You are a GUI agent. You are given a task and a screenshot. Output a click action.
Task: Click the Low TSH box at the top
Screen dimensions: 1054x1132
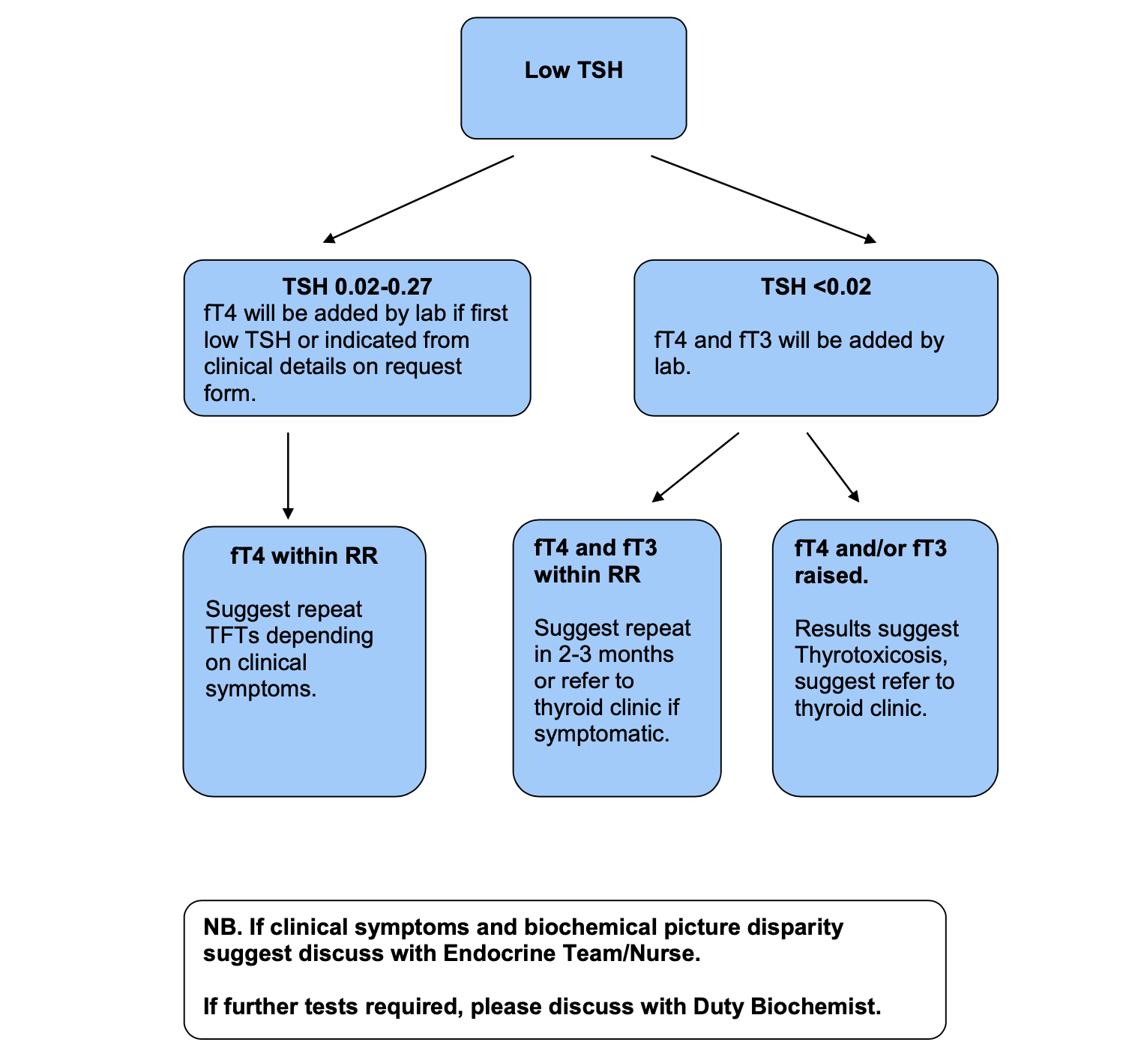tap(573, 78)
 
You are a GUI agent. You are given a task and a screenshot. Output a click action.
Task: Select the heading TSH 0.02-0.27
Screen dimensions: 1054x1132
tap(357, 286)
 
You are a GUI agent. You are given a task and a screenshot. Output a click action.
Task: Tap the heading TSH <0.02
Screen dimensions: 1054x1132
tap(816, 286)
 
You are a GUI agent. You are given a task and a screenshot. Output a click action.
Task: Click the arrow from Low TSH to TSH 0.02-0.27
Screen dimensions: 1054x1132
tap(418, 199)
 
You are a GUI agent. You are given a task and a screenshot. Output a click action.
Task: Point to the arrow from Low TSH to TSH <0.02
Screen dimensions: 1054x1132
tap(763, 199)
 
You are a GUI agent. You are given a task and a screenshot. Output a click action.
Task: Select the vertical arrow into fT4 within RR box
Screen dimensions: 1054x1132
tap(288, 475)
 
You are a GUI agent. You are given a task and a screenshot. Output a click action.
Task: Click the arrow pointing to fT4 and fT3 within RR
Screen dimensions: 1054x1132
tap(696, 467)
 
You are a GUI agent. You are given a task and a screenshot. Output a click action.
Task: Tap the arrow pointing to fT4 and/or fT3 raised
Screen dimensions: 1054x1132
tap(833, 467)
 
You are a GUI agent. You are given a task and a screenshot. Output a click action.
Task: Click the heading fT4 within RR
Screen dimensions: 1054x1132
tap(304, 555)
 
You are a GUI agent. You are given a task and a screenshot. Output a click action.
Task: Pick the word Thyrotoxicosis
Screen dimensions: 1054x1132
tap(871, 654)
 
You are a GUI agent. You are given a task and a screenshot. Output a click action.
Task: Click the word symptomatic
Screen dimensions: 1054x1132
tap(601, 733)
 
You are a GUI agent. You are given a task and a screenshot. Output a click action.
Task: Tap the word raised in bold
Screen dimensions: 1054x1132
tap(831, 575)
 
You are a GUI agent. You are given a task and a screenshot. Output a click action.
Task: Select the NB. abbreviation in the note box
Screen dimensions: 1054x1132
tap(223, 927)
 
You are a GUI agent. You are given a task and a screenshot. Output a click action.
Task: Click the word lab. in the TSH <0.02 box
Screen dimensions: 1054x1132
tap(672, 367)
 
